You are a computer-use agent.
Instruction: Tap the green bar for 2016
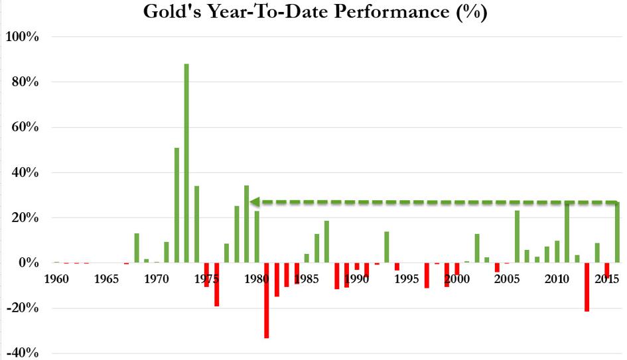click(x=618, y=232)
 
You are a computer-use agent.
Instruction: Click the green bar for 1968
click(x=137, y=248)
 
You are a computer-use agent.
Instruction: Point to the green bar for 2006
click(x=517, y=237)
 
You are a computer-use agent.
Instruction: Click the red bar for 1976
click(x=216, y=284)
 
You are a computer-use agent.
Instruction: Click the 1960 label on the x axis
click(x=56, y=279)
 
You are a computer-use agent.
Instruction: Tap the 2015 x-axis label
click(x=606, y=279)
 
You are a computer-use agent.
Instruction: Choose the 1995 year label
click(x=406, y=279)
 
